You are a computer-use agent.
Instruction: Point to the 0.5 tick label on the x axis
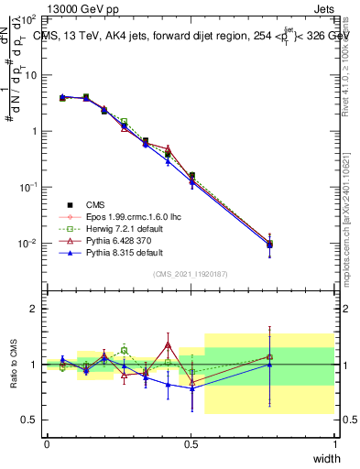pyautogui.click(x=191, y=443)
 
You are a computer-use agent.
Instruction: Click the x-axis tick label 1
pyautogui.click(x=335, y=443)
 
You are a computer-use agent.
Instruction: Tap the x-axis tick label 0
pyautogui.click(x=47, y=443)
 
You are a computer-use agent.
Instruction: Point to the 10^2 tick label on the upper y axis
pyautogui.click(x=27, y=19)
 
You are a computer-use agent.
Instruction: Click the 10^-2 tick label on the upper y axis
pyautogui.click(x=27, y=244)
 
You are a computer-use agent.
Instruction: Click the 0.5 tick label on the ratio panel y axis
pyautogui.click(x=28, y=420)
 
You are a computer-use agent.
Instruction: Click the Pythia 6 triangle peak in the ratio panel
pyautogui.click(x=169, y=344)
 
